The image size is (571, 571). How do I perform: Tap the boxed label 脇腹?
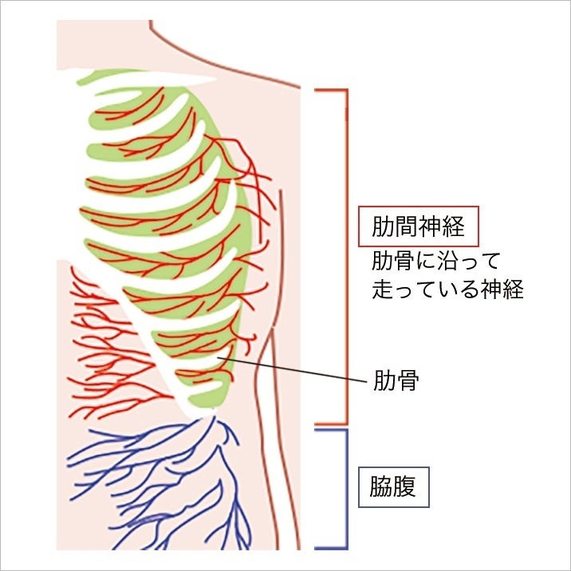393,486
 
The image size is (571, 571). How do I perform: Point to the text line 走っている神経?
447,289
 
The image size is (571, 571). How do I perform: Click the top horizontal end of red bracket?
331,89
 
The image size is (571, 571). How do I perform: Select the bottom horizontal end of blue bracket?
331,549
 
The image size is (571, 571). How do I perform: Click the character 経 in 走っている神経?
510,289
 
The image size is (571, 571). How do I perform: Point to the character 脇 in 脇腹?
381,486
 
